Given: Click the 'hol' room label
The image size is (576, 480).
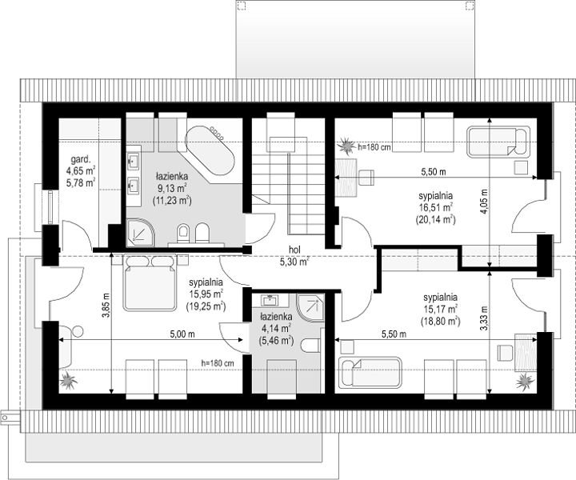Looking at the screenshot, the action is pos(294,250).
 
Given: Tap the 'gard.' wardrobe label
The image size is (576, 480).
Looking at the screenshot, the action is pos(81,160).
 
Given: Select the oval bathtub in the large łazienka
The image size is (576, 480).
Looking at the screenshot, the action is pos(210,150).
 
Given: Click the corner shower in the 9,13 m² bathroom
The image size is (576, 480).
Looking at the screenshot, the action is pos(141,233).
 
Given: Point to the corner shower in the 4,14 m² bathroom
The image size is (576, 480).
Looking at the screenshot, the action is pos(310,308).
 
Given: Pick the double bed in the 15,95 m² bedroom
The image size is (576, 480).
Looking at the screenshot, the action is pos(150,282).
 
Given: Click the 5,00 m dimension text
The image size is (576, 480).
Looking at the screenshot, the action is pos(182,334).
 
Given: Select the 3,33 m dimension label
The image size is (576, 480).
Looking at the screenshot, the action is pos(484,318).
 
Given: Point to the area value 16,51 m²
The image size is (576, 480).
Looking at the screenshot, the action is pos(436,208).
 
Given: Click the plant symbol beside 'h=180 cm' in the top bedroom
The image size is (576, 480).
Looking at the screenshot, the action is pos(346,146).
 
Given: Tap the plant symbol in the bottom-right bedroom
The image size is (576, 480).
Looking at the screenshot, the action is pos(525,382).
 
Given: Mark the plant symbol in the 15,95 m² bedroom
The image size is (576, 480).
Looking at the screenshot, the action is pos(68,380).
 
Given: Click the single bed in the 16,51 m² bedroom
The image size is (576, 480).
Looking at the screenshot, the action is pos(498,142).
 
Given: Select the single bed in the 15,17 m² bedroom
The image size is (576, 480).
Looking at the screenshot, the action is pos(370,372).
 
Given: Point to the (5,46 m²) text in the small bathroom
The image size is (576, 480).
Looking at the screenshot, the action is pos(276,342).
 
